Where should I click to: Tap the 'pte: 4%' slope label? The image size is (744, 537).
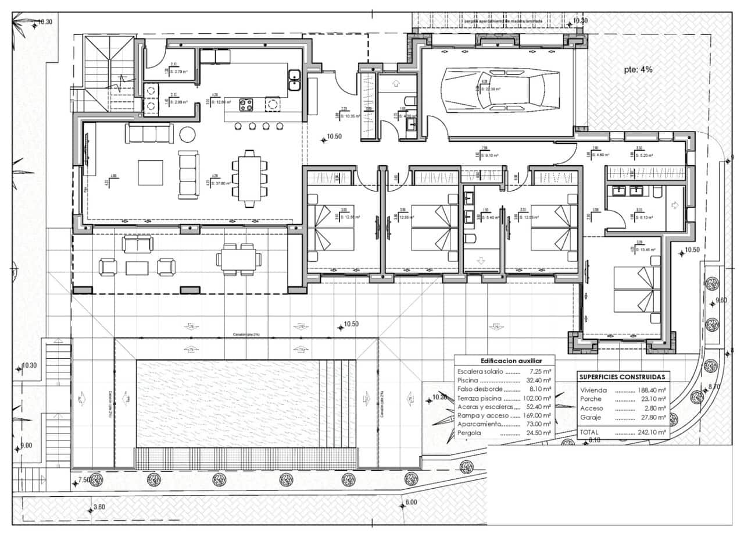[638, 69]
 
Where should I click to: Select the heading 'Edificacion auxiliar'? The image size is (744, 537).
[503, 361]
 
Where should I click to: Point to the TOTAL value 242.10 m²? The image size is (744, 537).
[652, 433]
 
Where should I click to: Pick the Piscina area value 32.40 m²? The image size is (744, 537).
[538, 380]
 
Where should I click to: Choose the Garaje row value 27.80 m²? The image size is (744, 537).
[652, 417]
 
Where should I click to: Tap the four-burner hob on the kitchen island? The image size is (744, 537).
[246, 105]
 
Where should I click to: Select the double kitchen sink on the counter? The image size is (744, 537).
[294, 80]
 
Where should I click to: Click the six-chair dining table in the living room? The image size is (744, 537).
[250, 178]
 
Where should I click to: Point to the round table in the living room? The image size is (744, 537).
[188, 134]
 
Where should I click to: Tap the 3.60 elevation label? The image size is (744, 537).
[99, 507]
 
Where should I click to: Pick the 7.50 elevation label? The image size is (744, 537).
[84, 480]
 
